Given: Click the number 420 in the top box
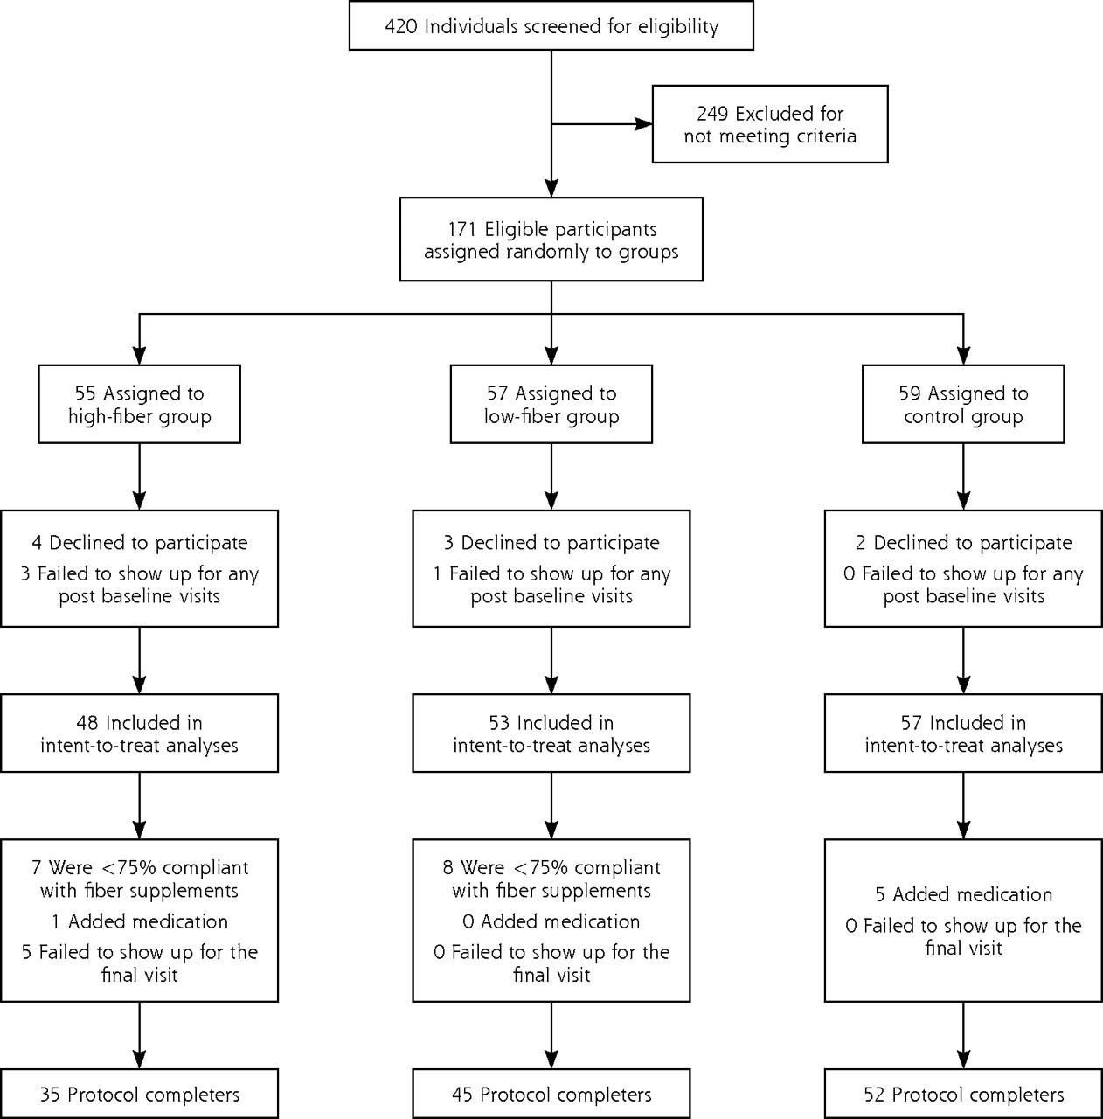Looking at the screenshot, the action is tap(401, 27).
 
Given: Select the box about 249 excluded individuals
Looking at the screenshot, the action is tap(770, 124).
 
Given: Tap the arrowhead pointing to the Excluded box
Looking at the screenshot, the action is tap(643, 123).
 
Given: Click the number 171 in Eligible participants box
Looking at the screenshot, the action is tap(461, 229).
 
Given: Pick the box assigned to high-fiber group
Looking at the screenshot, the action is tap(139, 404).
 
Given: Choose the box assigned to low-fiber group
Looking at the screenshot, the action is tap(551, 404).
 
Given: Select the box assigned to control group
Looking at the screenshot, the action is tap(963, 404).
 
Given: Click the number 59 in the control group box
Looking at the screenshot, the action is tap(910, 393).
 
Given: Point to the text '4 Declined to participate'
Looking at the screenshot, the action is tap(139, 543).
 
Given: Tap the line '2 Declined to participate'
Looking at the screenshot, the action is tap(964, 543).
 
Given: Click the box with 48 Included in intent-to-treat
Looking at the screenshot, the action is tap(139, 733).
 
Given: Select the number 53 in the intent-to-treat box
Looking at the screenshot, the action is tap(500, 723).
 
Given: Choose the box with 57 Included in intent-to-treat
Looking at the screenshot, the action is tap(963, 733).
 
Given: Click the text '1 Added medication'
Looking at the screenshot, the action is tap(139, 921).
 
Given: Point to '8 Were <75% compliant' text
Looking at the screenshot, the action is tap(551, 868).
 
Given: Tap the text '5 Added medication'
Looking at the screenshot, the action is tap(964, 895).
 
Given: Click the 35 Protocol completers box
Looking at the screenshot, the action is tap(139, 1094).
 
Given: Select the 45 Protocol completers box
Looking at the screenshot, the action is tap(551, 1094).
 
